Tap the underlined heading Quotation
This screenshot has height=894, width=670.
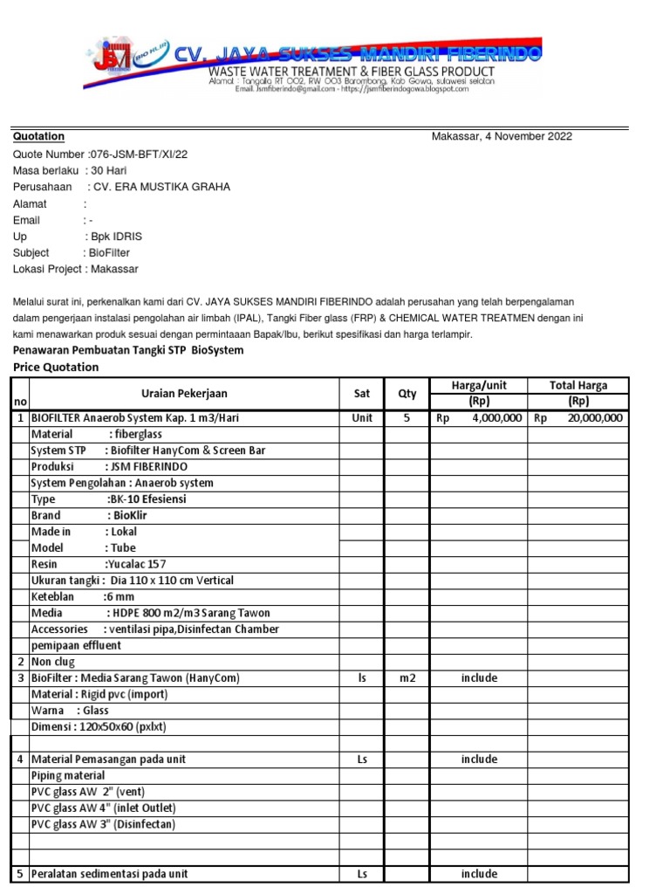tap(38, 137)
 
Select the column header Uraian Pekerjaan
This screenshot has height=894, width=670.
tap(184, 394)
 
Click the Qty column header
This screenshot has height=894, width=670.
tap(407, 394)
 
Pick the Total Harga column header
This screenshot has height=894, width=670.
tap(578, 386)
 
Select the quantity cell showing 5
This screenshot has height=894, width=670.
tap(407, 418)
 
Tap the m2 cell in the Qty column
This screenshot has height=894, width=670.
tap(407, 678)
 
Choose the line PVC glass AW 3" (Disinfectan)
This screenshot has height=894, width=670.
tap(103, 824)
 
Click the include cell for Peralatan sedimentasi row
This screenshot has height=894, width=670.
tap(479, 874)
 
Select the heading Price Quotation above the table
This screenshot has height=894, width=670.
tap(56, 368)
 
